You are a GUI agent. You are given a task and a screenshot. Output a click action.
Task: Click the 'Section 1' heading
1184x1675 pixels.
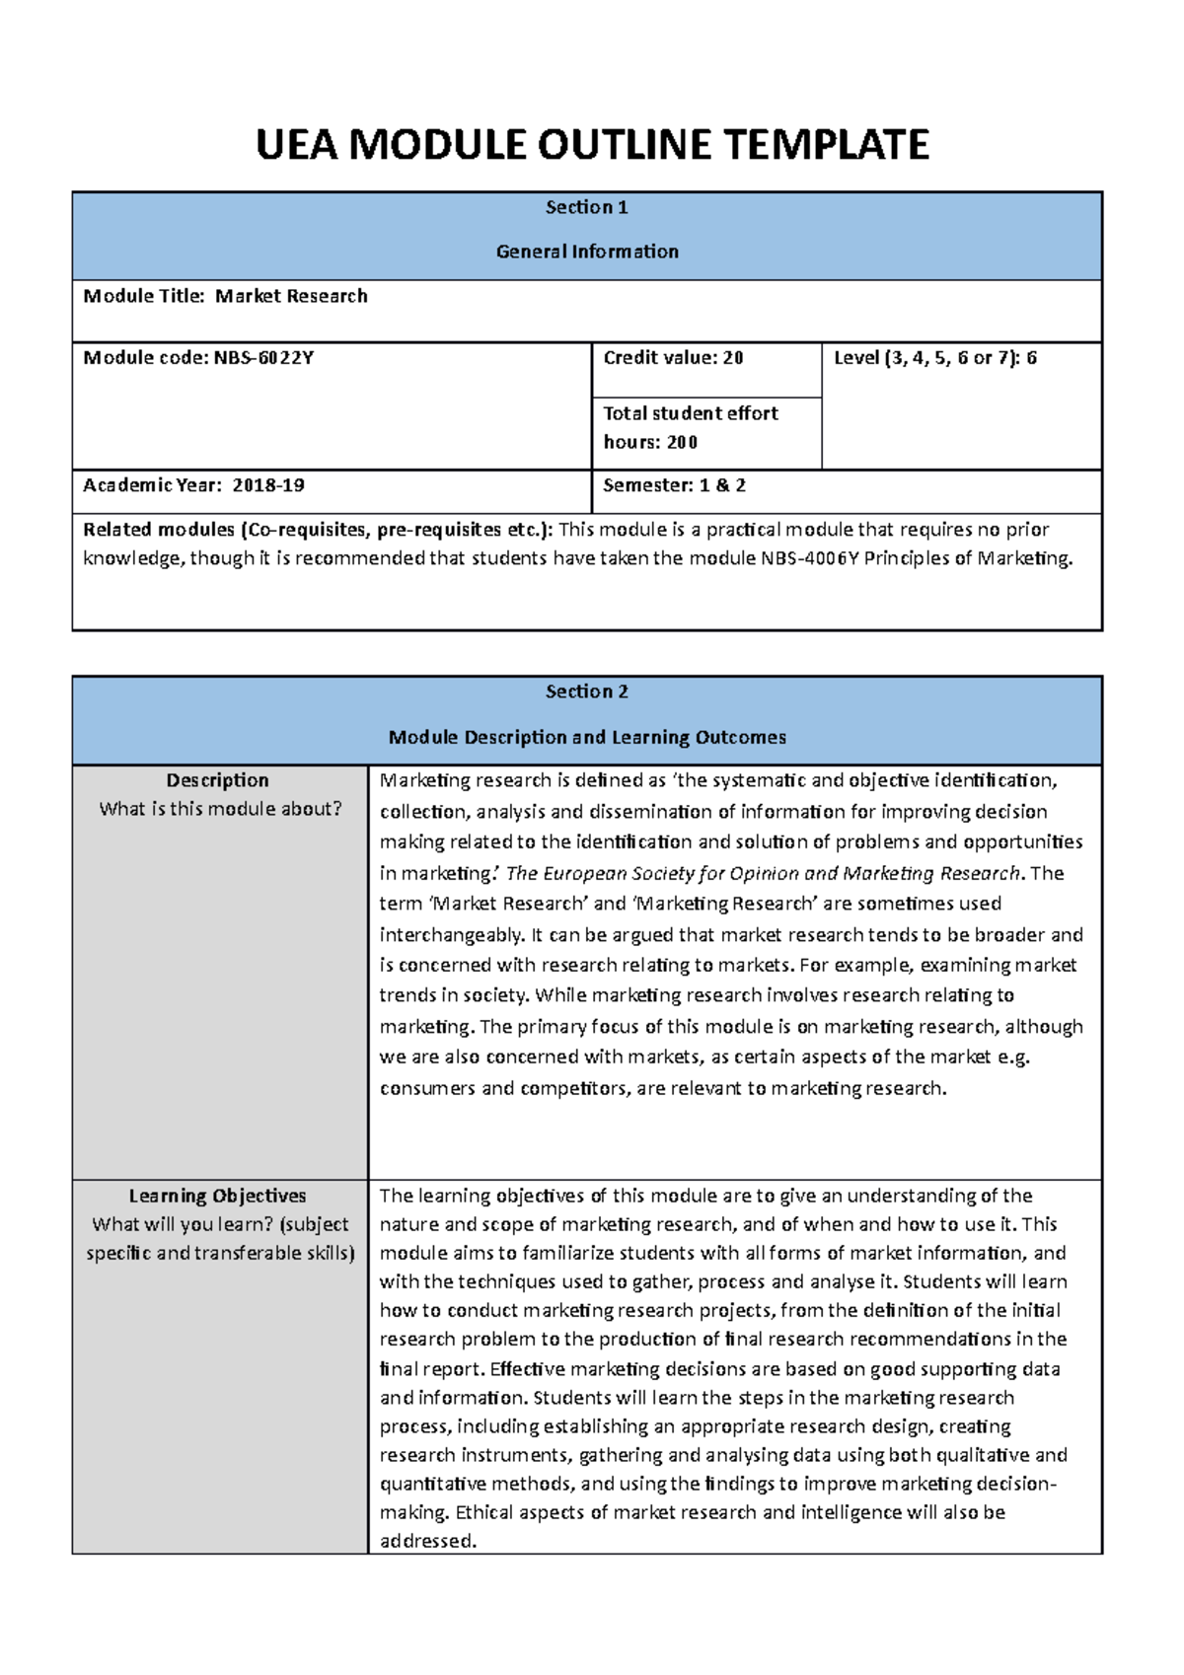click(587, 207)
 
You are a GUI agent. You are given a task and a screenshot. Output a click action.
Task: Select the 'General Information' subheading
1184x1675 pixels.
click(587, 252)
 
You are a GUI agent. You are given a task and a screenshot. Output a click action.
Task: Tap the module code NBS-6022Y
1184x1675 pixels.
click(263, 358)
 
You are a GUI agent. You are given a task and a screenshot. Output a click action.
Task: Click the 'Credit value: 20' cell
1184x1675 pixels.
click(673, 358)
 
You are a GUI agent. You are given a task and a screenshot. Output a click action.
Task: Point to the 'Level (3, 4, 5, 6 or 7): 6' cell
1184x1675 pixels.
click(934, 358)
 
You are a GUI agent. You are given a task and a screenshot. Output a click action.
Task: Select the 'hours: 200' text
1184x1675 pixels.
click(650, 442)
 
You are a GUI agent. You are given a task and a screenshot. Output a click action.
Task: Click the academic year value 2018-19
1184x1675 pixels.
click(268, 485)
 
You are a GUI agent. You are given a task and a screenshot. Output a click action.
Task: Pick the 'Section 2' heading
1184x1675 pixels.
click(587, 692)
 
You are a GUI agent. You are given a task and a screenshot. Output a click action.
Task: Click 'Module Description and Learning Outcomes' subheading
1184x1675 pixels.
click(587, 737)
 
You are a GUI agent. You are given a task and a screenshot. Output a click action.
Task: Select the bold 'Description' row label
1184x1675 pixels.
click(218, 780)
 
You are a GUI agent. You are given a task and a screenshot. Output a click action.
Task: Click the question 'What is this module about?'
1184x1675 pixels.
click(220, 809)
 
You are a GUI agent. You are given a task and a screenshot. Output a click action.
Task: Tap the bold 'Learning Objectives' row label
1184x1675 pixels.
click(218, 1196)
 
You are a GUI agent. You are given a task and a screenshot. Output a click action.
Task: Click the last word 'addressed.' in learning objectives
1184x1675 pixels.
click(428, 1541)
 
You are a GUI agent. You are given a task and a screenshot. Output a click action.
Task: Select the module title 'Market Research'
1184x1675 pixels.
click(291, 296)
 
